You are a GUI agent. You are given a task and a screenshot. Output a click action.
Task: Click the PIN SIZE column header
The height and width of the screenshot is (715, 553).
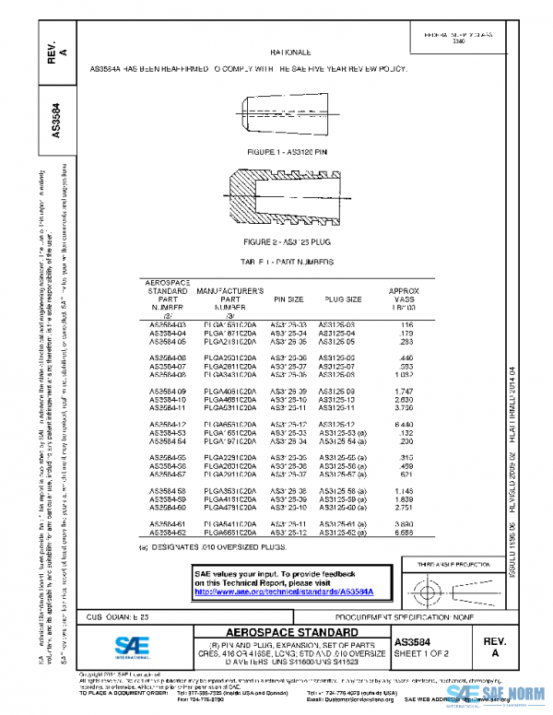point(288,299)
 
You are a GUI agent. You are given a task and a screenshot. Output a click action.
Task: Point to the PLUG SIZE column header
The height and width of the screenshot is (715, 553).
point(342,299)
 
